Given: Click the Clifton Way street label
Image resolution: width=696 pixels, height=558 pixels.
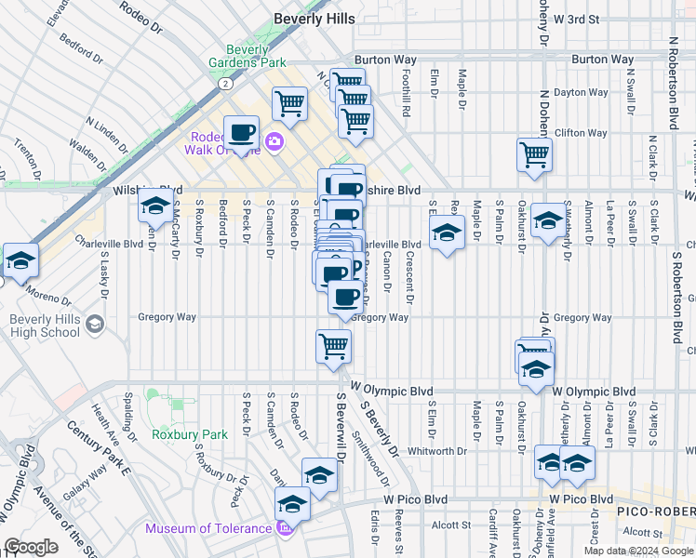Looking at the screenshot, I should click(582, 133).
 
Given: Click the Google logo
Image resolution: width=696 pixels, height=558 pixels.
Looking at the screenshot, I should click(31, 547).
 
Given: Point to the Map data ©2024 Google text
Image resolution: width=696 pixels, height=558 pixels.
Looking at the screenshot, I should click(637, 551).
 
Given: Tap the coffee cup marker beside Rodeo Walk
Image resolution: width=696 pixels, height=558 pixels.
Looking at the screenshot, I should click(241, 132).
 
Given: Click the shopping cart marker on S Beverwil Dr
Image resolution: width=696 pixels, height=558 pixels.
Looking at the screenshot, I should click(334, 347).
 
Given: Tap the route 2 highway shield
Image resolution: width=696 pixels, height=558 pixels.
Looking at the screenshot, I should click(225, 84).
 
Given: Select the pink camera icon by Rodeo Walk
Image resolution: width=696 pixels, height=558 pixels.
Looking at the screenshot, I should click(274, 142).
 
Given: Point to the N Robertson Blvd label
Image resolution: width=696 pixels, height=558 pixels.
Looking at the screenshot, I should click(673, 84).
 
